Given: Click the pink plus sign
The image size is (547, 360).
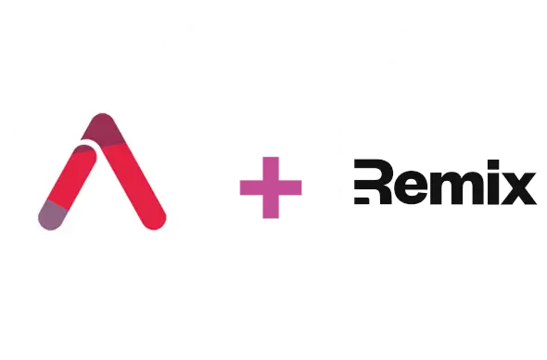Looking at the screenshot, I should point(271,186).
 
